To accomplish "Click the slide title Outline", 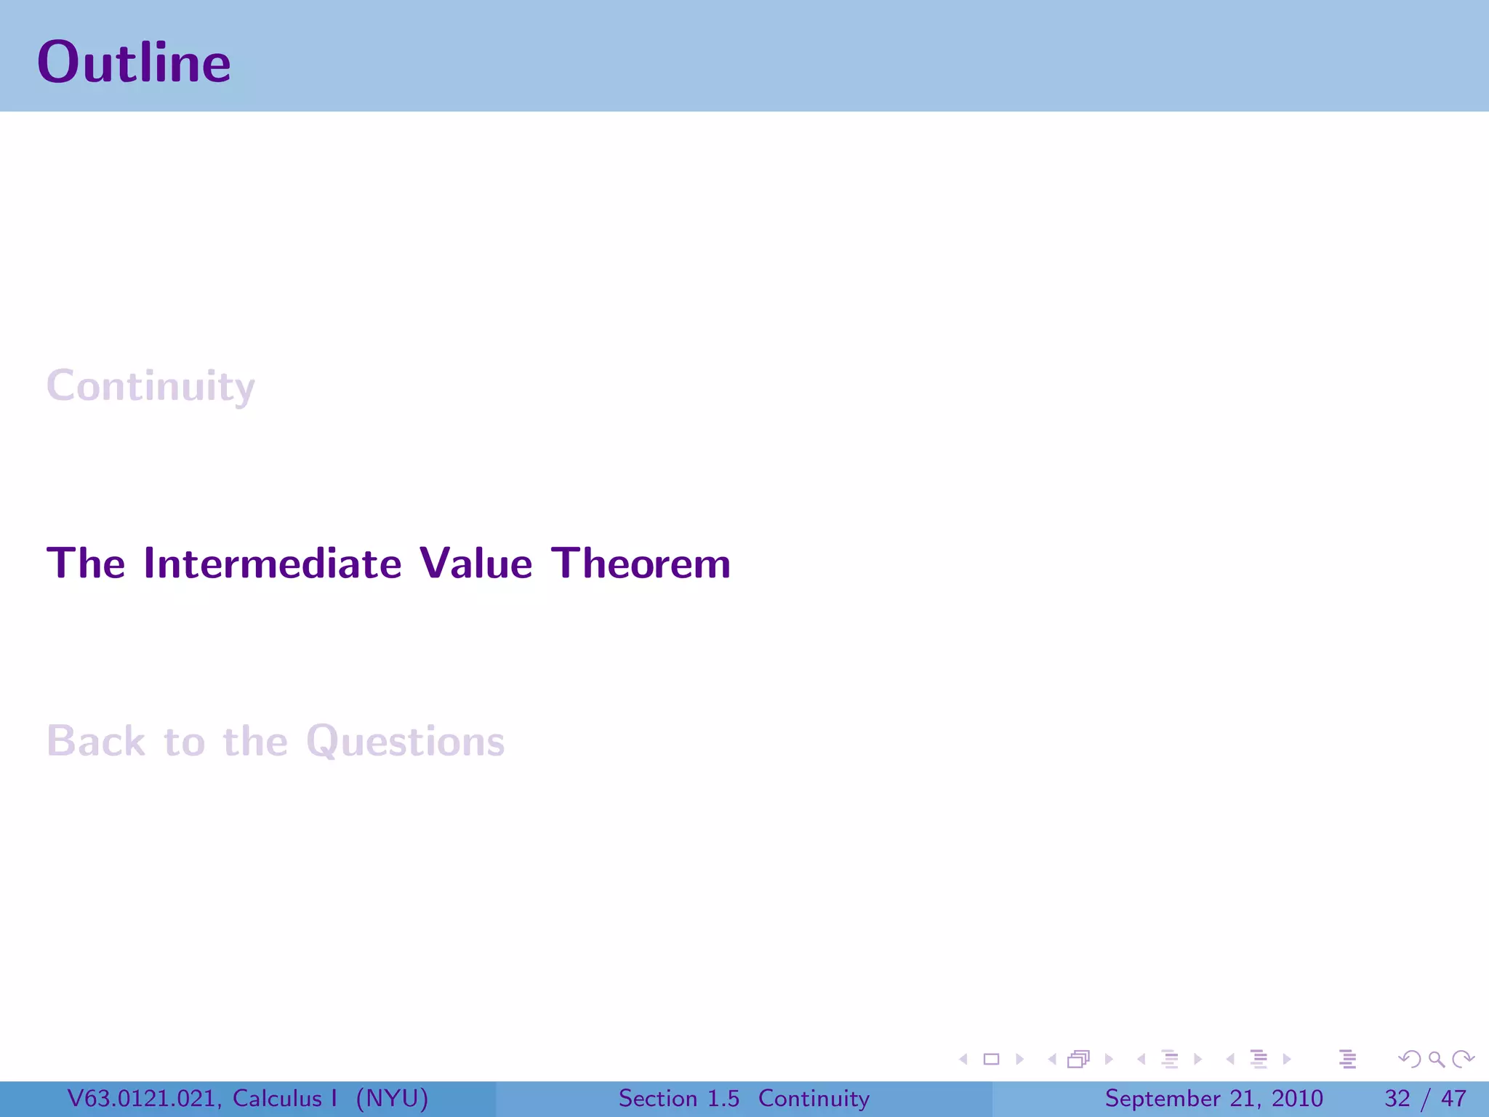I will click(134, 63).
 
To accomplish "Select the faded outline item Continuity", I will click(150, 386).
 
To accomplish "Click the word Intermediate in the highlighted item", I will click(273, 564).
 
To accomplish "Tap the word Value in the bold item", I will click(476, 564).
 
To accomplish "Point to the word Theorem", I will click(641, 564).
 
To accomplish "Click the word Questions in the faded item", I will click(405, 742).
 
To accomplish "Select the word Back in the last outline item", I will click(96, 742).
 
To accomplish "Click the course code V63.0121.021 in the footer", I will click(143, 1098).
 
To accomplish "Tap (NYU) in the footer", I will click(392, 1098).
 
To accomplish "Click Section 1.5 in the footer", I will click(678, 1098).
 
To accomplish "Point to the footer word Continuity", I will click(814, 1098).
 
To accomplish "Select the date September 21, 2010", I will click(1213, 1098).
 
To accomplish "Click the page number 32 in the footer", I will click(1397, 1098).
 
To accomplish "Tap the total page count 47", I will click(1453, 1098).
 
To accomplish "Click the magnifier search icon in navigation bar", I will click(1436, 1060).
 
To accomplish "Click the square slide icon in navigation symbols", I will click(991, 1060).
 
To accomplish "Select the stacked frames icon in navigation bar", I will click(1079, 1060).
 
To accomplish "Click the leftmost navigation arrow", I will click(963, 1060).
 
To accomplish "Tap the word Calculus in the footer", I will click(277, 1098).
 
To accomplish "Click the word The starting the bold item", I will click(86, 564).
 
